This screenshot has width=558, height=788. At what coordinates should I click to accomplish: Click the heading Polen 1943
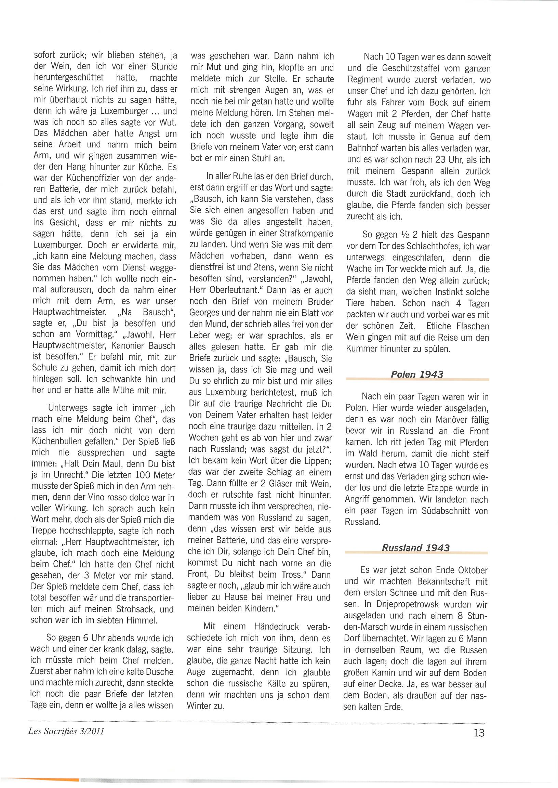pos(417,374)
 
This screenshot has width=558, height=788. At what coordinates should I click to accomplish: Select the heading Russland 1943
pos(415,548)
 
